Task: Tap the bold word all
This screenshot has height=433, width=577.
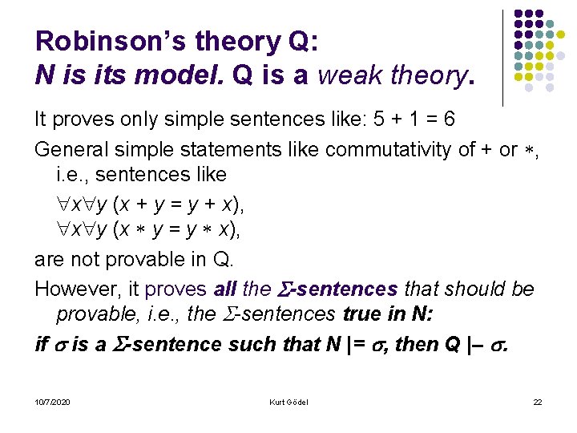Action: tap(226, 289)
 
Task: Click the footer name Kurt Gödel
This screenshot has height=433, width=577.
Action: tap(288, 402)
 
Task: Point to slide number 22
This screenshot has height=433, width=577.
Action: tap(537, 402)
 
